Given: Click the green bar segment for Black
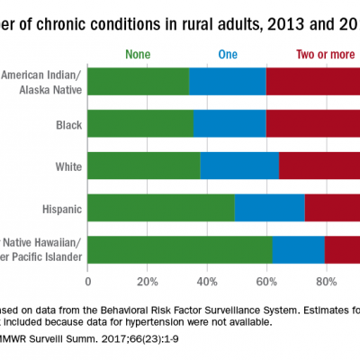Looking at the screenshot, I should point(140,123).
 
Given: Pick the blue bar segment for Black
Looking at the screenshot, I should point(229,123).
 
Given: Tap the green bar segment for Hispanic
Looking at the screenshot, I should point(161,209).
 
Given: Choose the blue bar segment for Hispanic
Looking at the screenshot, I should point(270,209).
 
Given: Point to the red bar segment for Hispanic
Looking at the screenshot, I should point(332,209).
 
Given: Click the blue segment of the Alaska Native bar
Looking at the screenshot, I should point(228,80).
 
